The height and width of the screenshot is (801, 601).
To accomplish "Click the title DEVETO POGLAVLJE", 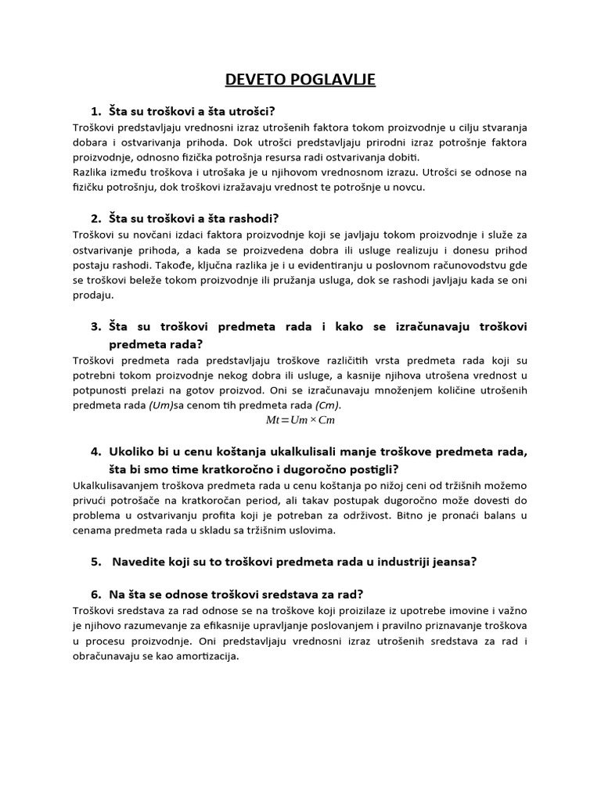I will point(300,80).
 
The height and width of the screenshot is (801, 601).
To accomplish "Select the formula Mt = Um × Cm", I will point(301,421).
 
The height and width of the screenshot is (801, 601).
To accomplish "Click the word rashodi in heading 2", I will point(254,217).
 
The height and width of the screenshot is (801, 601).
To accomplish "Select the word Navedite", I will point(140,562).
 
